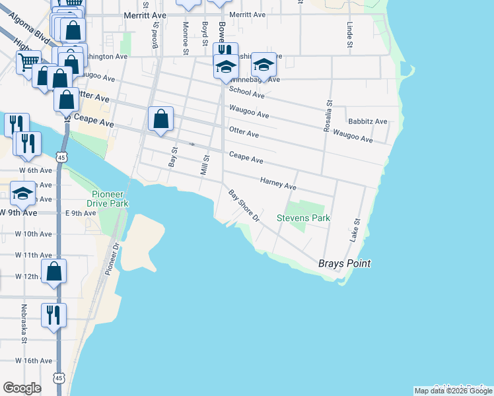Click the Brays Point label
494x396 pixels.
344,263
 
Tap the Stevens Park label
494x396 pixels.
303,218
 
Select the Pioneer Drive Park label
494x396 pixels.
110,199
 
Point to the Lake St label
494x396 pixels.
355,230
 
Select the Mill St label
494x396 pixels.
205,165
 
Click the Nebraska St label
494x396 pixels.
23,333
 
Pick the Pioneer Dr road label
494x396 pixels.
110,259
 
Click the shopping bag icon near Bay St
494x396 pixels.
161,119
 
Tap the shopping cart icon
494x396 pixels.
28,63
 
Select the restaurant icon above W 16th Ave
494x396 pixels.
53,314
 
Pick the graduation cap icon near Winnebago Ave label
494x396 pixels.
264,65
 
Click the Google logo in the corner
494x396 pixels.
22,388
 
